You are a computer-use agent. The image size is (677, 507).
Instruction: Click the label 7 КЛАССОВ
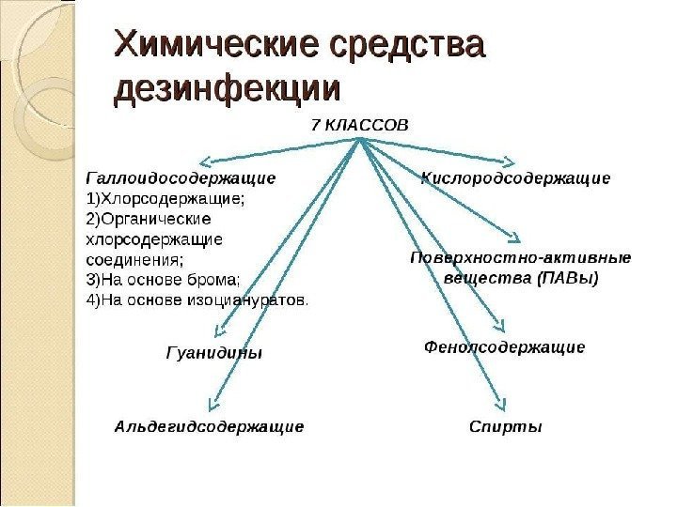tap(360, 124)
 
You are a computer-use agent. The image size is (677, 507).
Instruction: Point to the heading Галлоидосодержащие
tap(181, 177)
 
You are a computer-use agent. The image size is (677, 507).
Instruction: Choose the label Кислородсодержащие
tap(517, 177)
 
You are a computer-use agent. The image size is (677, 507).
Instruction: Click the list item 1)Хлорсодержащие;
tap(165, 197)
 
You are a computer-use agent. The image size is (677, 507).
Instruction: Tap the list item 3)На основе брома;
tap(163, 279)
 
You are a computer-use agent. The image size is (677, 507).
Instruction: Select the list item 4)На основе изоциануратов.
tap(197, 300)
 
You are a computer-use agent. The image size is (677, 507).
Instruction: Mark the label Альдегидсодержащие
tap(209, 427)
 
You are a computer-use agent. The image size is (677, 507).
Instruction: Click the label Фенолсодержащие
tap(505, 347)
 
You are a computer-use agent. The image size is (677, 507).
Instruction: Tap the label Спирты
tap(506, 427)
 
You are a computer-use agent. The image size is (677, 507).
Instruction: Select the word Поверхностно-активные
tap(521, 256)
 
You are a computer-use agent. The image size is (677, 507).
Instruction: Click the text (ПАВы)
tap(568, 278)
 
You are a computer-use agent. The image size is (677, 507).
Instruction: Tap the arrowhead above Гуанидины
tap(219, 330)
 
